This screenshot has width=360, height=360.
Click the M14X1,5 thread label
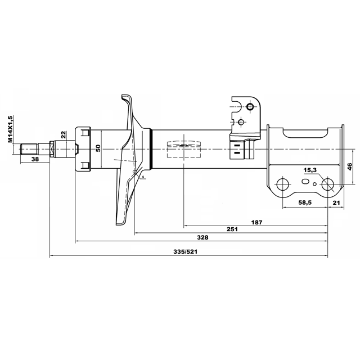tap(10, 129)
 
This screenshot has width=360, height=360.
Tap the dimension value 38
tap(35, 159)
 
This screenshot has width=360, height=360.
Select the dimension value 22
tap(64, 134)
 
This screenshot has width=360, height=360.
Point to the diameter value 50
tap(98, 148)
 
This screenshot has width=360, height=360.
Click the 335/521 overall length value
tap(185, 251)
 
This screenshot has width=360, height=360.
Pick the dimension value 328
tap(202, 237)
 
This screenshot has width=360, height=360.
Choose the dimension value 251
tap(232, 229)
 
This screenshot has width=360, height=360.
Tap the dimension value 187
tap(256, 222)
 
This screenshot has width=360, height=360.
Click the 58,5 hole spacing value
tap(305, 202)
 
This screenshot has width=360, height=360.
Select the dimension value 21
tap(336, 202)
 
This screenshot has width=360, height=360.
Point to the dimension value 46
tap(349, 166)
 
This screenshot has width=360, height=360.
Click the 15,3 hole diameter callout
tap(310, 170)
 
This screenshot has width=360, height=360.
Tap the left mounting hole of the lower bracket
tap(283, 184)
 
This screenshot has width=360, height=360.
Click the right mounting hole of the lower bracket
tap(327, 184)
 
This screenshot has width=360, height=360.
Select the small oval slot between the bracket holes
tap(305, 182)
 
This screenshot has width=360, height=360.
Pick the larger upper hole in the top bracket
tap(250, 106)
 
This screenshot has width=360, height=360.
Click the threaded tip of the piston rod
tap(29, 149)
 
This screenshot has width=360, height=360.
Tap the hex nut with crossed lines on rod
tap(52, 149)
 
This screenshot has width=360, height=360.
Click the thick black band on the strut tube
tap(151, 149)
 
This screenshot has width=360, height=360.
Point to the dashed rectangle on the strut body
tap(184, 149)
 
